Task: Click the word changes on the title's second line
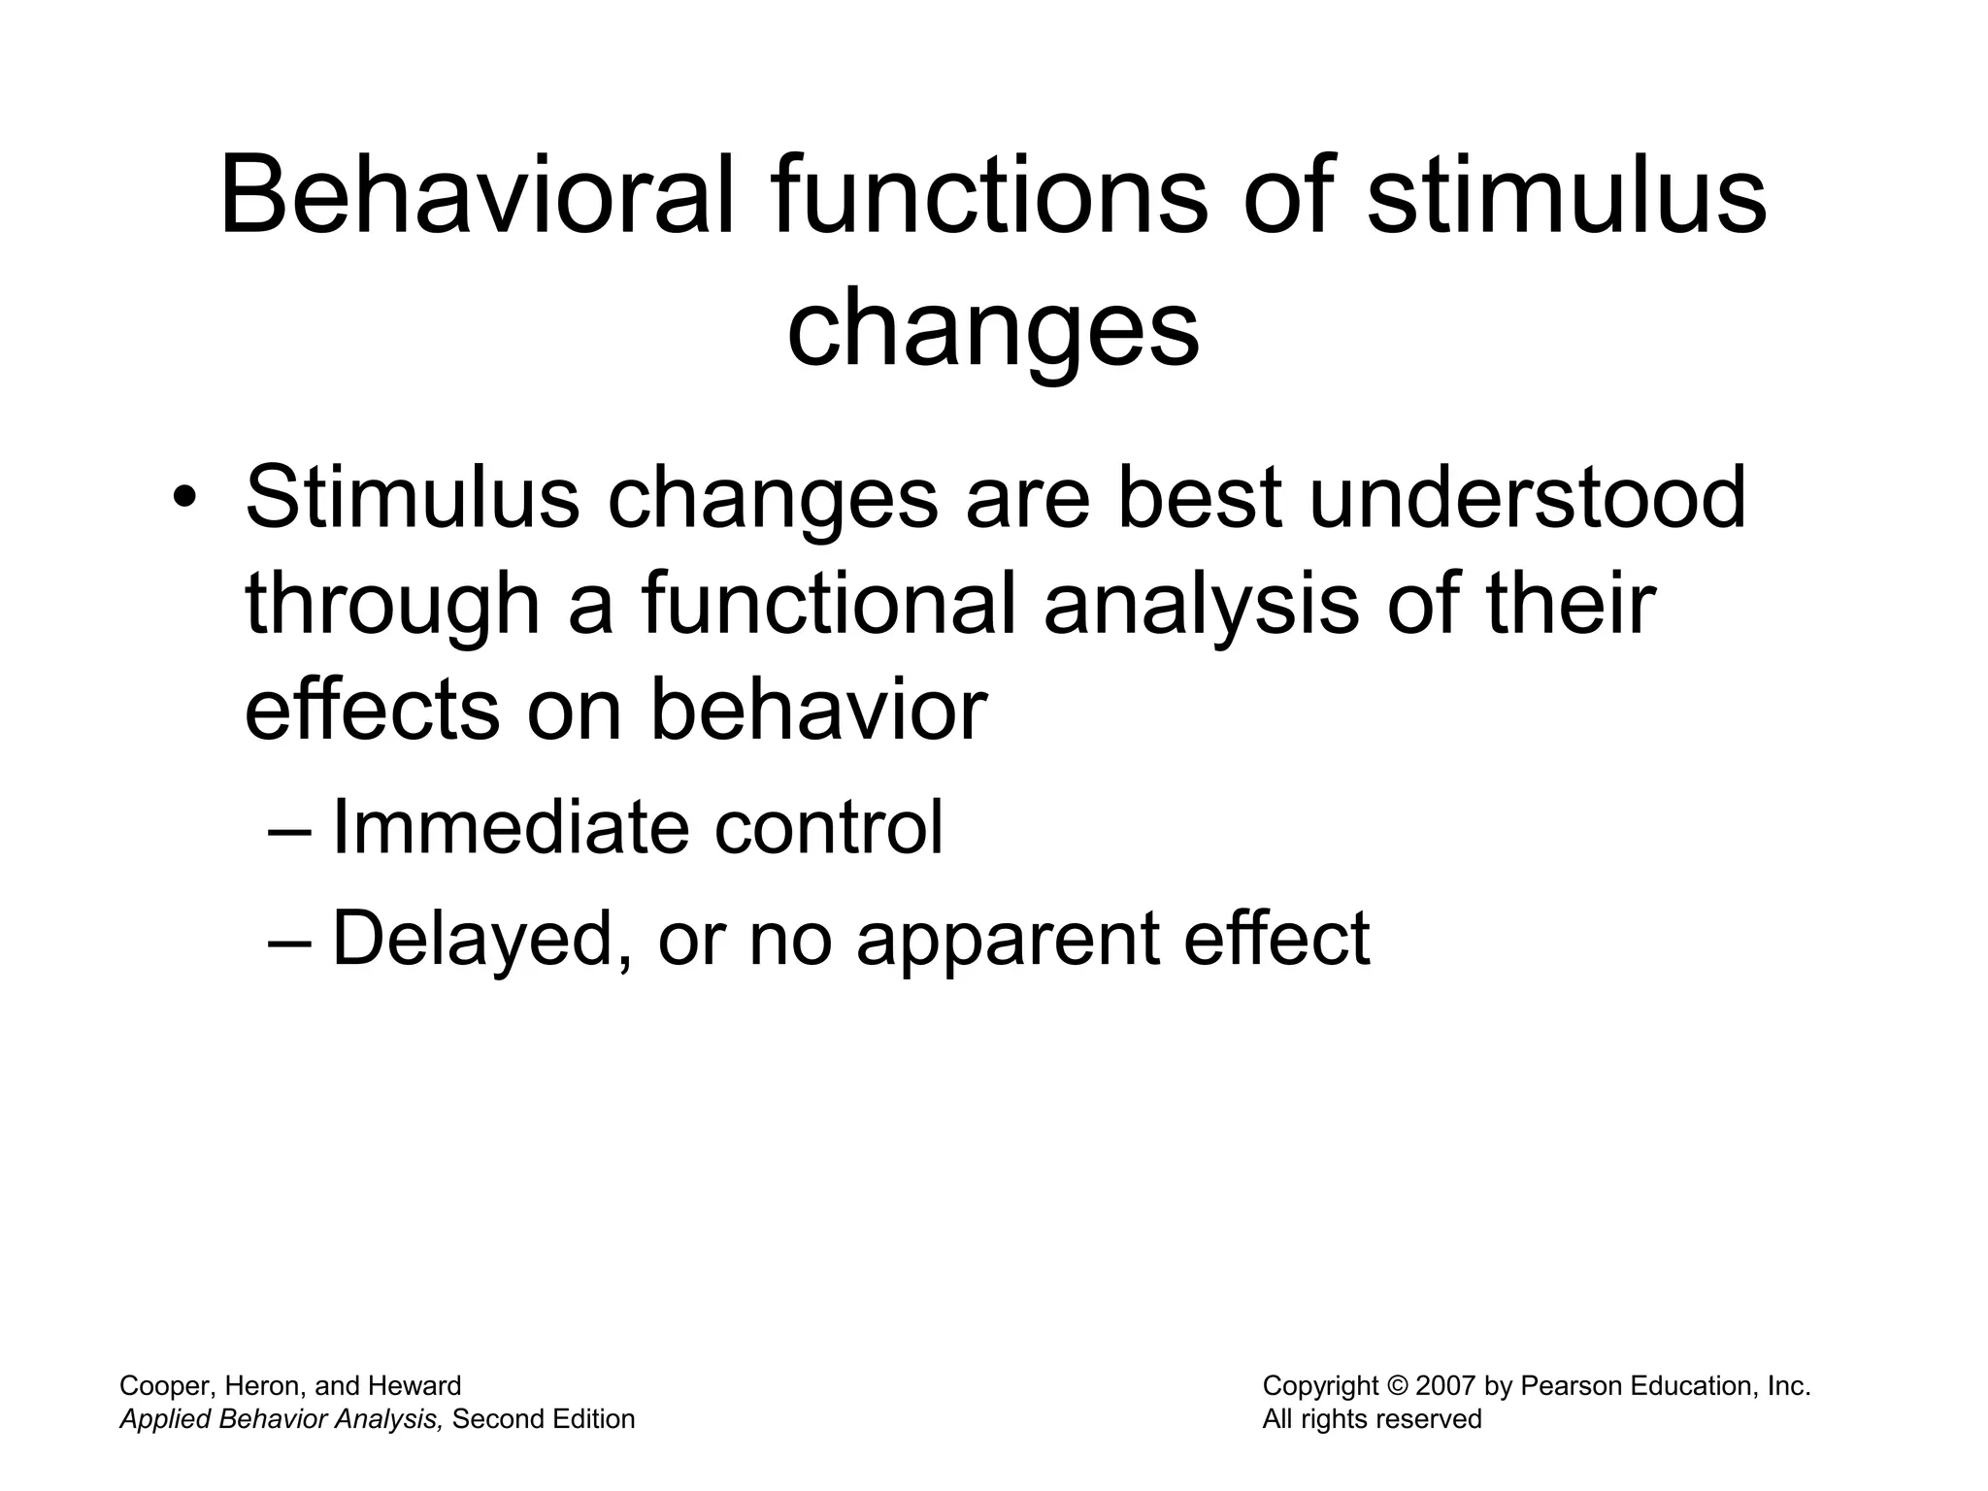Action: pyautogui.click(x=993, y=330)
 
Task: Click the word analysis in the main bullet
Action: pyautogui.click(x=1201, y=604)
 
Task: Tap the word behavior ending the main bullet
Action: pyautogui.click(x=817, y=710)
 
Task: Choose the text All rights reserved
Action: pyautogui.click(x=1372, y=1420)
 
